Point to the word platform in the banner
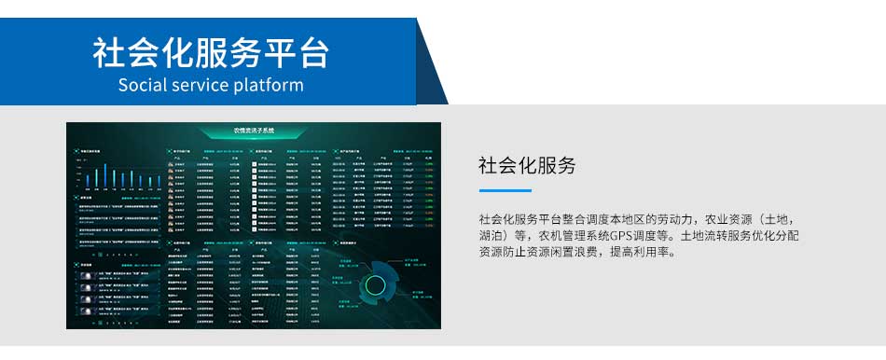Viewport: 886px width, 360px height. click(269, 85)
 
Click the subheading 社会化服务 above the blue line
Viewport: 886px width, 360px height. click(527, 166)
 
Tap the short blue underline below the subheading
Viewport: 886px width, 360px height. click(505, 190)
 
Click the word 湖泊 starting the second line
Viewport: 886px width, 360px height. click(492, 235)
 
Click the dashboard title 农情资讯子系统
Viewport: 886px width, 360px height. click(254, 131)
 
